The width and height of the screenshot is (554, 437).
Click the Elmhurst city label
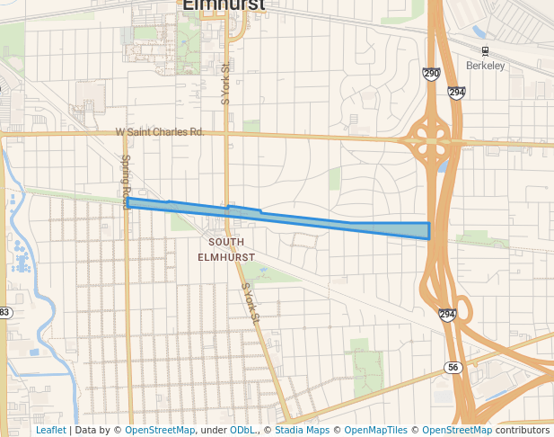pos(224,5)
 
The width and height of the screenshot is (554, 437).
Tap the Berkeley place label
pos(486,66)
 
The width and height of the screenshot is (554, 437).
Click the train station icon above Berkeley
pos(486,51)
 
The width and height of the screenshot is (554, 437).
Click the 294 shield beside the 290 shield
pos(456,92)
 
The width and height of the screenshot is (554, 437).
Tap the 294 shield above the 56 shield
pos(447,314)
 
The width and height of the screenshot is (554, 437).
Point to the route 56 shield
pos(452,368)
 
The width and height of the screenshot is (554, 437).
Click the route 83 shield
pos(4,312)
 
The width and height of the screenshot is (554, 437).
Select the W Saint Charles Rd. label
pos(160,132)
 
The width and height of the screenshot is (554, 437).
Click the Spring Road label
pos(126,182)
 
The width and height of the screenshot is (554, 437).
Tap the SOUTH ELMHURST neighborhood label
pos(226,249)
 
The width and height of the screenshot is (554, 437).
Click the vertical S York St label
pos(225,83)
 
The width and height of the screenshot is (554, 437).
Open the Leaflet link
pos(50,430)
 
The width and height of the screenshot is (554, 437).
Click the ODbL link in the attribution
pos(242,430)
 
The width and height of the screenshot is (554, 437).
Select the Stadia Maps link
pos(302,430)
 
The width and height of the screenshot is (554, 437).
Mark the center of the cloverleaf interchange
pos(432,140)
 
